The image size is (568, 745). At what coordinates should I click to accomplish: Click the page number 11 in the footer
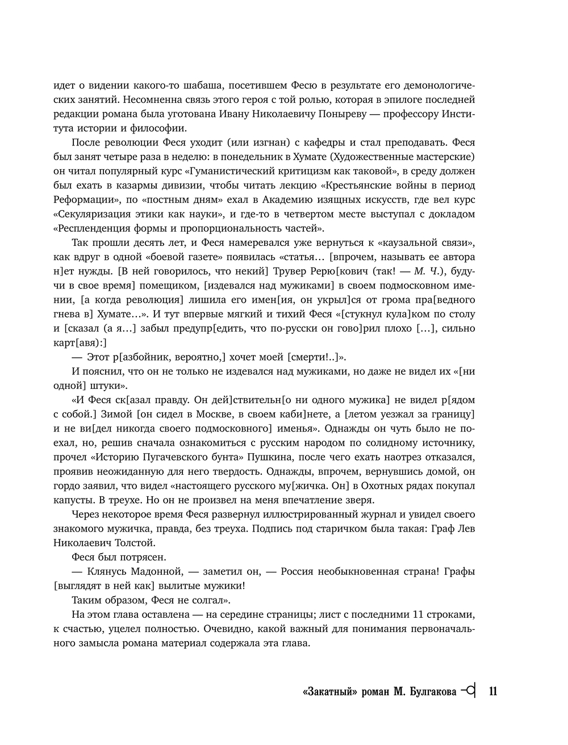pos(492,691)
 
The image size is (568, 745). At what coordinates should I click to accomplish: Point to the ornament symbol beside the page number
pos(469,691)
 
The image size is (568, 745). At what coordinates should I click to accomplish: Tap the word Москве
pos(212,414)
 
